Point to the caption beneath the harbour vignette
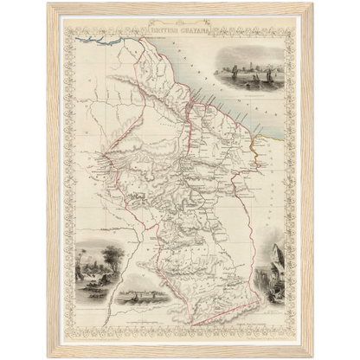pyautogui.click(x=256, y=93)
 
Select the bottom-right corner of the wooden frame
pyautogui.click(x=312, y=356)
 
